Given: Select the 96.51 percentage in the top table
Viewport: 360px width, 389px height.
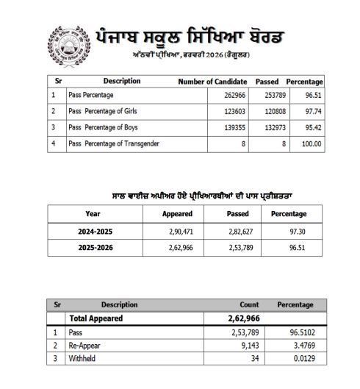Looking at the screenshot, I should [310, 96].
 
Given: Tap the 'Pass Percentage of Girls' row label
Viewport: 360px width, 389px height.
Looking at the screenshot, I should [102, 111].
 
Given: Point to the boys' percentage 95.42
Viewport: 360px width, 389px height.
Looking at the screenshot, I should [310, 128].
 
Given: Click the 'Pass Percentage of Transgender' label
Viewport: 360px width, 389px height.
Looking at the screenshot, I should [113, 143].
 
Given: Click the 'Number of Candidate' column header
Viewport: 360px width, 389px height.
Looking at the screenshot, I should [212, 81].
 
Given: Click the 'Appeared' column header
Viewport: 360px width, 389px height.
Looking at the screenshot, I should [177, 214].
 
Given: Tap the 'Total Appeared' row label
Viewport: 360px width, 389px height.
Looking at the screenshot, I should [96, 319].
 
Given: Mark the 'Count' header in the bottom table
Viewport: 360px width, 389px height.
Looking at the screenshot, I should [249, 304].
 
